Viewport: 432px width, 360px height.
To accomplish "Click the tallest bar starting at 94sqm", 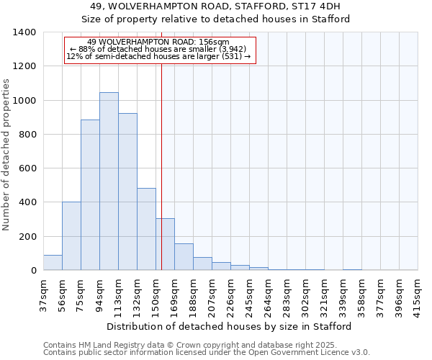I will (x=109, y=181).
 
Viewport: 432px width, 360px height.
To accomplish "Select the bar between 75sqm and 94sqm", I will (x=90, y=195).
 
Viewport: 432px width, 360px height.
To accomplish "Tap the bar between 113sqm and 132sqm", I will (x=127, y=192).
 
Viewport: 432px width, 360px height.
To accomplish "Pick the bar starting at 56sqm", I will (x=71, y=236).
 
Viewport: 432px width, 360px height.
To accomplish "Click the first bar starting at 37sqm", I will (x=53, y=263).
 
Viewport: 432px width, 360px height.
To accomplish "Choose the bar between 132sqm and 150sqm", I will (x=146, y=229).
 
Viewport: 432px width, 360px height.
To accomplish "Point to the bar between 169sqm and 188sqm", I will (x=184, y=257).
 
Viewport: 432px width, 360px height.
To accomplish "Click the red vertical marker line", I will (x=161, y=144).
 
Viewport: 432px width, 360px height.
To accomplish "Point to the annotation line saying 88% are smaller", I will (x=158, y=49).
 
